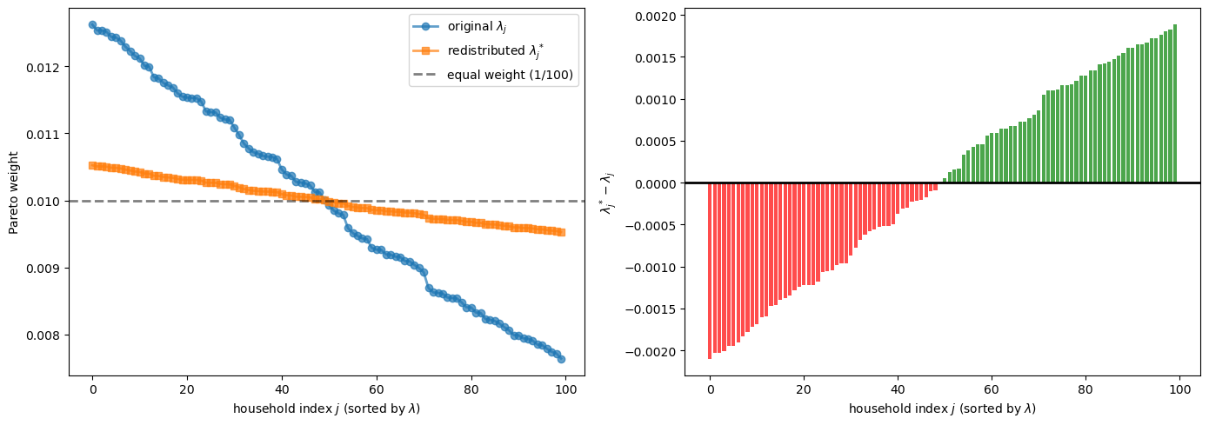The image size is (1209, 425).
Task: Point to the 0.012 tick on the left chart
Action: [x=47, y=67]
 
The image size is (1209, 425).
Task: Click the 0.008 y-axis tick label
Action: [x=47, y=335]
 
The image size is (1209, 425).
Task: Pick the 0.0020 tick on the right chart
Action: [x=656, y=16]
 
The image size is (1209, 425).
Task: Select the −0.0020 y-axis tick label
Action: [x=652, y=351]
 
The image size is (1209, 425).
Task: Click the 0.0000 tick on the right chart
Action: [x=656, y=183]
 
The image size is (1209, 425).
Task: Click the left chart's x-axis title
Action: [x=326, y=408]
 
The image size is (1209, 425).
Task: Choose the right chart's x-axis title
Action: [x=942, y=408]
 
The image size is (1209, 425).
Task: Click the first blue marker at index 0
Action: [x=92, y=25]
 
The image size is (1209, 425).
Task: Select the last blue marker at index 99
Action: [x=561, y=359]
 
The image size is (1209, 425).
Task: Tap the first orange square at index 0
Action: [x=92, y=165]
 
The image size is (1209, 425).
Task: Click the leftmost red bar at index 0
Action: [x=710, y=270]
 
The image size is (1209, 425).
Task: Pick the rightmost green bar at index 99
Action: [x=1175, y=104]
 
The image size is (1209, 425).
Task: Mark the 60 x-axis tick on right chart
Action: [x=992, y=389]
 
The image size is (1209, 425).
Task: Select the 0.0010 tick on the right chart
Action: [x=656, y=99]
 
